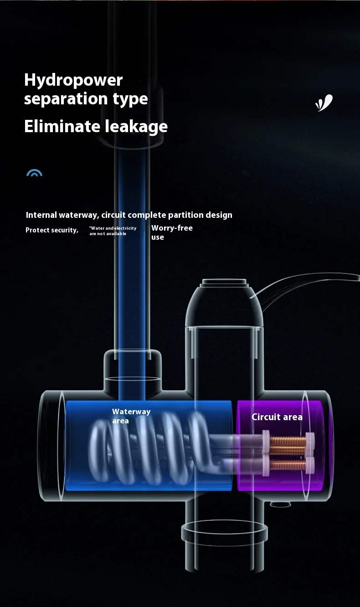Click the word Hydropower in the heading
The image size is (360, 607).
pos(73,80)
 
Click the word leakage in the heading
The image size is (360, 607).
pos(136,126)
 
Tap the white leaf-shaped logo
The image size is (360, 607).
pos(324,103)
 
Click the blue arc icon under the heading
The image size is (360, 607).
pos(34,173)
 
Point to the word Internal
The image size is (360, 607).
pos(41,215)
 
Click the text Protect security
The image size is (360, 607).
pos(51,230)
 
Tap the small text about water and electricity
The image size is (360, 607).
pos(113,231)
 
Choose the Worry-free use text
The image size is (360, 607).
pos(171,232)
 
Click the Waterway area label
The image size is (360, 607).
pos(131,416)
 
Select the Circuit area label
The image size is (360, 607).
pos(277,417)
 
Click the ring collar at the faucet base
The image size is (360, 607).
pos(224,531)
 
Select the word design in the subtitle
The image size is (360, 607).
pos(219,215)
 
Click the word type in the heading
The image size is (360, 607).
pos(130,99)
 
